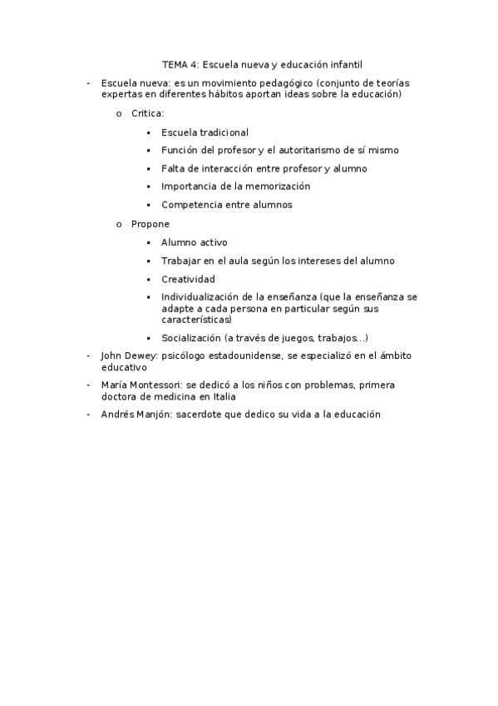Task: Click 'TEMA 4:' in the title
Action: tap(180, 63)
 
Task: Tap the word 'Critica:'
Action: tap(148, 113)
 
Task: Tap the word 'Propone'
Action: tap(150, 224)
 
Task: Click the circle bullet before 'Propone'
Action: tap(119, 224)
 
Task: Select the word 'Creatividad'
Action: tap(189, 279)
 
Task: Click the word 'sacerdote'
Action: tap(205, 414)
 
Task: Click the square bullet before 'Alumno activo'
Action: tap(148, 243)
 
